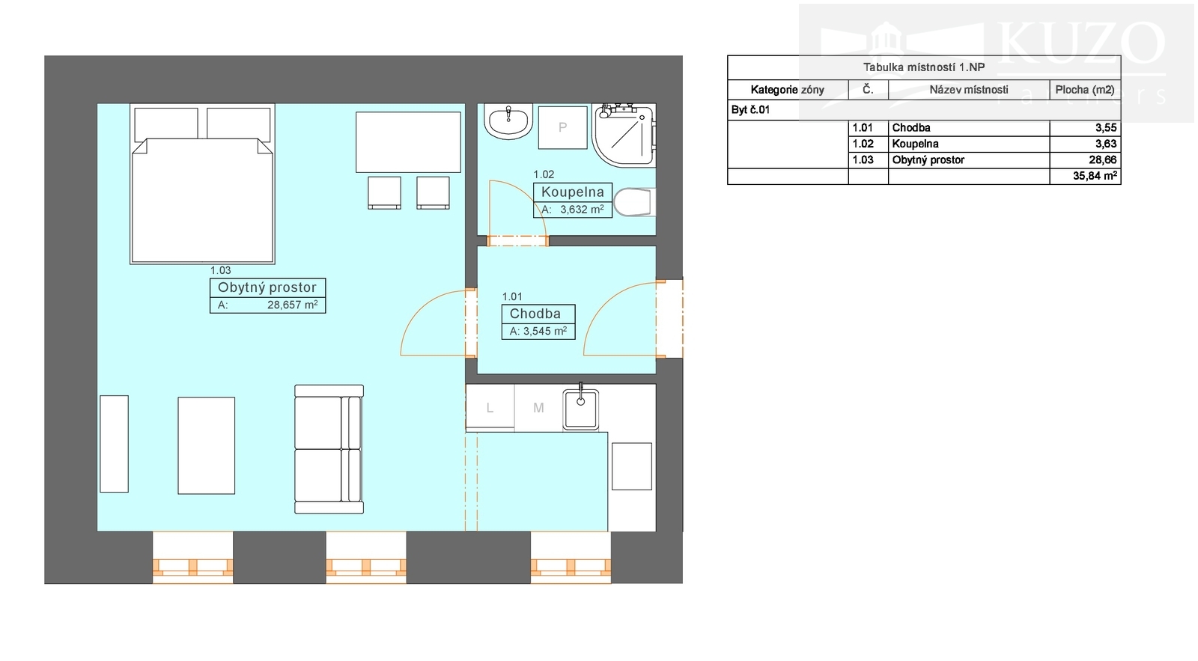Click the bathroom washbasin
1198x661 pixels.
pos(508,121)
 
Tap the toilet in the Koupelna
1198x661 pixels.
pos(634,202)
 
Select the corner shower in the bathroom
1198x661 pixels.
pos(624,135)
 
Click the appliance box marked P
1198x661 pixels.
pos(562,127)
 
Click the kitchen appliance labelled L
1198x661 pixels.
pos(490,407)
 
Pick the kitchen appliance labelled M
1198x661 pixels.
pos(538,407)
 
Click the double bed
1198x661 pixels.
pos(202,184)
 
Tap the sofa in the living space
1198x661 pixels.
pos(329,449)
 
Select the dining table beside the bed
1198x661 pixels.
pos(408,142)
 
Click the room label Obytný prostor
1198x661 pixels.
pos(267,287)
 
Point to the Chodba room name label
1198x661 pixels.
pos(535,314)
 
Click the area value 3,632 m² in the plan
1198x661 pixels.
pos(582,210)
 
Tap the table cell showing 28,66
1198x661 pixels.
pos(1102,160)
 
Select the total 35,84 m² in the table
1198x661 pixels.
pos(1095,176)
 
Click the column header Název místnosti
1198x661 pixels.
pos(969,90)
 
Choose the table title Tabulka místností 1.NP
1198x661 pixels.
pos(924,67)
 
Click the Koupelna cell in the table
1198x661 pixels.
pos(915,144)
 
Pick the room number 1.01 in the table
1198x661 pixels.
pos(862,128)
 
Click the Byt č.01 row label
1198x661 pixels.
pos(750,110)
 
